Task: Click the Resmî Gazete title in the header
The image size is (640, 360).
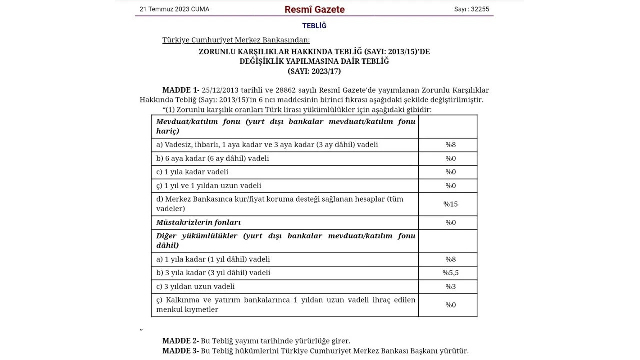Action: click(314, 9)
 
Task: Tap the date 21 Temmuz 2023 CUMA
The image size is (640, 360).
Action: click(174, 9)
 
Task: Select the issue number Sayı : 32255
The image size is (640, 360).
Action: click(471, 9)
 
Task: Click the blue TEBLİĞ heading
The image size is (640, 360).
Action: click(314, 26)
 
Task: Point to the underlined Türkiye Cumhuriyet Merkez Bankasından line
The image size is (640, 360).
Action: click(236, 40)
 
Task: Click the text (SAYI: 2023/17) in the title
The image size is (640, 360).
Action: click(314, 71)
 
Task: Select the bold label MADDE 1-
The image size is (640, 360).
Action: click(180, 90)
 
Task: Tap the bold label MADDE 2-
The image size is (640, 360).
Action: click(180, 341)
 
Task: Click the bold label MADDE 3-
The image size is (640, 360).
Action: click(180, 351)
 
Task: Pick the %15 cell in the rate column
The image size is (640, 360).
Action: click(450, 204)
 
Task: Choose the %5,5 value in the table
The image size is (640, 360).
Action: click(450, 273)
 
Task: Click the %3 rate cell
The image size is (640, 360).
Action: click(450, 286)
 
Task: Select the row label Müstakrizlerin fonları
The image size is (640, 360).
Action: click(198, 222)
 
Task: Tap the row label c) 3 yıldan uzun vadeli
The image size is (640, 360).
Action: click(195, 286)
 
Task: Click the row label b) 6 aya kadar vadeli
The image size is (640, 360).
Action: click(212, 158)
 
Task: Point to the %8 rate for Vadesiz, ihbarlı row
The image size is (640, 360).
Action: click(450, 145)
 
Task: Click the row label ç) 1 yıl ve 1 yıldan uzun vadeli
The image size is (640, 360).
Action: click(209, 185)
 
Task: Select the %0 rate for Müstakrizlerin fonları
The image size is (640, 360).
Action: click(450, 222)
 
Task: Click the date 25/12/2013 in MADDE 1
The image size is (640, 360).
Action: click(220, 90)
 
